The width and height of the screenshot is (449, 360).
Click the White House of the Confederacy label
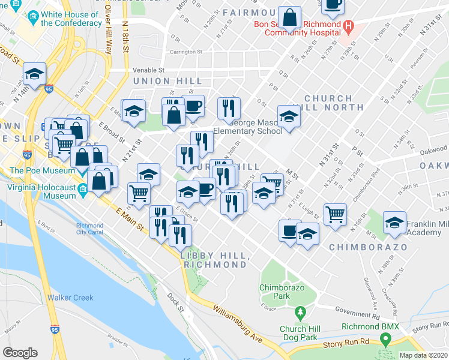coord(71,19)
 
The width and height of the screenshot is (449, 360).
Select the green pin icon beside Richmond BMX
coord(384,340)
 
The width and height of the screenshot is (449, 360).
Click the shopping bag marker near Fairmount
coord(289,18)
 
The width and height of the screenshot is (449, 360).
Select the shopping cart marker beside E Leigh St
coord(335,214)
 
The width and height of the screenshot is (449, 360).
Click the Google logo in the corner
coord(20,353)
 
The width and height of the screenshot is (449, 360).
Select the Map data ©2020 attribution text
coord(423,355)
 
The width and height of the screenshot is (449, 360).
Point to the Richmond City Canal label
coord(89,229)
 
